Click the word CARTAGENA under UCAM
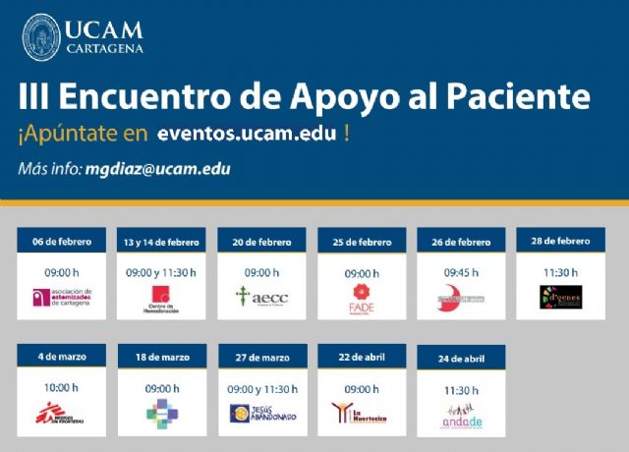(x=105, y=47)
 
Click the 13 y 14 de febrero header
(x=161, y=242)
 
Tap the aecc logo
(x=261, y=297)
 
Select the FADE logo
(x=362, y=297)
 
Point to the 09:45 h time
(x=461, y=272)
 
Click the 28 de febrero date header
(x=560, y=242)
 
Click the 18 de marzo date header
(x=161, y=359)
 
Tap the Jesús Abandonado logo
(x=262, y=414)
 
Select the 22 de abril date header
(x=362, y=359)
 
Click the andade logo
(x=461, y=415)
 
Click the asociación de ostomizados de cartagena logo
(x=62, y=297)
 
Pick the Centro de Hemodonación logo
(x=161, y=299)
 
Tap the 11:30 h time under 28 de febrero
(x=560, y=272)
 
